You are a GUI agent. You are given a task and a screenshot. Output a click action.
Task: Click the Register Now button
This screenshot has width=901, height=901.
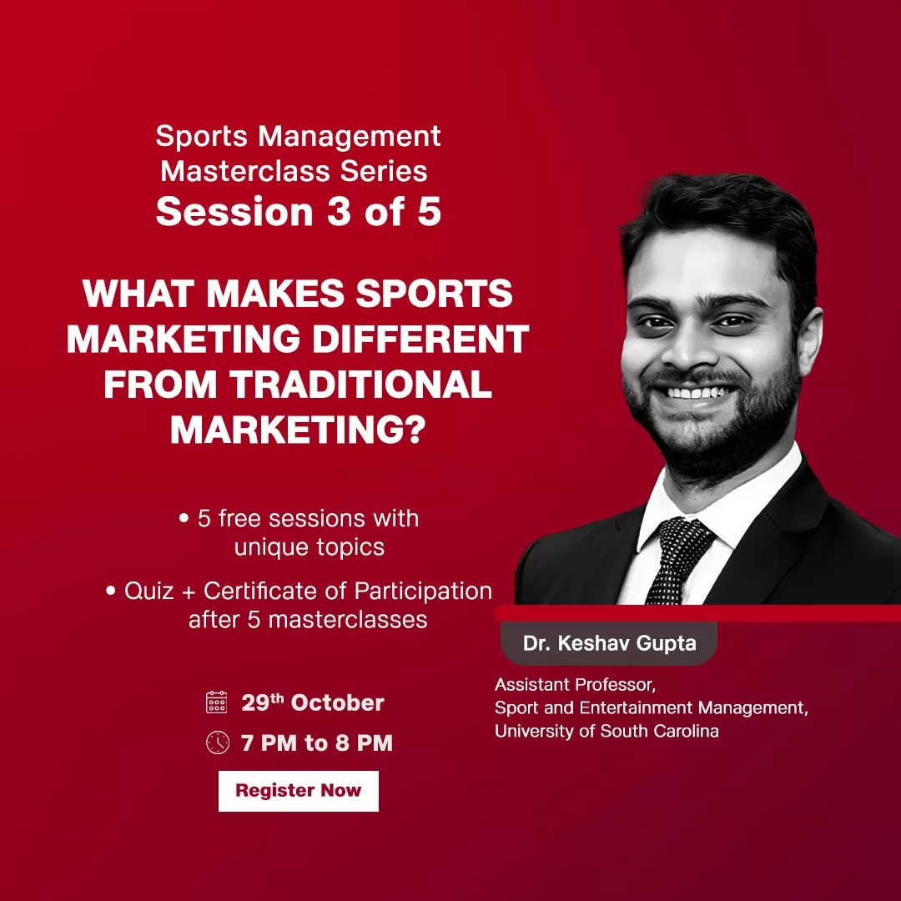pos(298,791)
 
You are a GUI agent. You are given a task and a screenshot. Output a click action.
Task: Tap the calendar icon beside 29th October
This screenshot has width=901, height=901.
pos(217,702)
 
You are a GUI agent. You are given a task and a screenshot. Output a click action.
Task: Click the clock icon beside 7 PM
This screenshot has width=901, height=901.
pos(217,742)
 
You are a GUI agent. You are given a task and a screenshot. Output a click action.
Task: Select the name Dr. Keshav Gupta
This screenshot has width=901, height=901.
pos(609,643)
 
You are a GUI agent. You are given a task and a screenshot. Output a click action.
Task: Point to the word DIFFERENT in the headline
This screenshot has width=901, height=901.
pos(420,339)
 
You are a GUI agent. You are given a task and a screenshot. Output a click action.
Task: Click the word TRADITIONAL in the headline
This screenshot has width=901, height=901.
pos(361,384)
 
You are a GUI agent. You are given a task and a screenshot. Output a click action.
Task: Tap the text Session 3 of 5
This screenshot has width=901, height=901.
pos(298,211)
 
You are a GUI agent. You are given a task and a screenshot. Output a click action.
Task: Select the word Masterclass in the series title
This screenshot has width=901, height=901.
pos(245,171)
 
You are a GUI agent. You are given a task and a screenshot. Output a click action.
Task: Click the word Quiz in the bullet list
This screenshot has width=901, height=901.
pos(148,591)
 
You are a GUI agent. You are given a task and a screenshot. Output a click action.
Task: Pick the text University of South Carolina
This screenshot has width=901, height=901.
pos(607,731)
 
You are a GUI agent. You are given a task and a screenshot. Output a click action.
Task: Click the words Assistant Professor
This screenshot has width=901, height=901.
pos(575,684)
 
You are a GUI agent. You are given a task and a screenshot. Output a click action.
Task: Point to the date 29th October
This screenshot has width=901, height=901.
pos(312,702)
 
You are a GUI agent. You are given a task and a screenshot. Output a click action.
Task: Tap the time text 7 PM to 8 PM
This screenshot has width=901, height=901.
pos(317,743)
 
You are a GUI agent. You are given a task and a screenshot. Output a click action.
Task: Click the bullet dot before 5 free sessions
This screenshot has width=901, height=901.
pos(184,518)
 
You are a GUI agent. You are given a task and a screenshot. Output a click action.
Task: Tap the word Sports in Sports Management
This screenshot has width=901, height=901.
pos(202,137)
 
